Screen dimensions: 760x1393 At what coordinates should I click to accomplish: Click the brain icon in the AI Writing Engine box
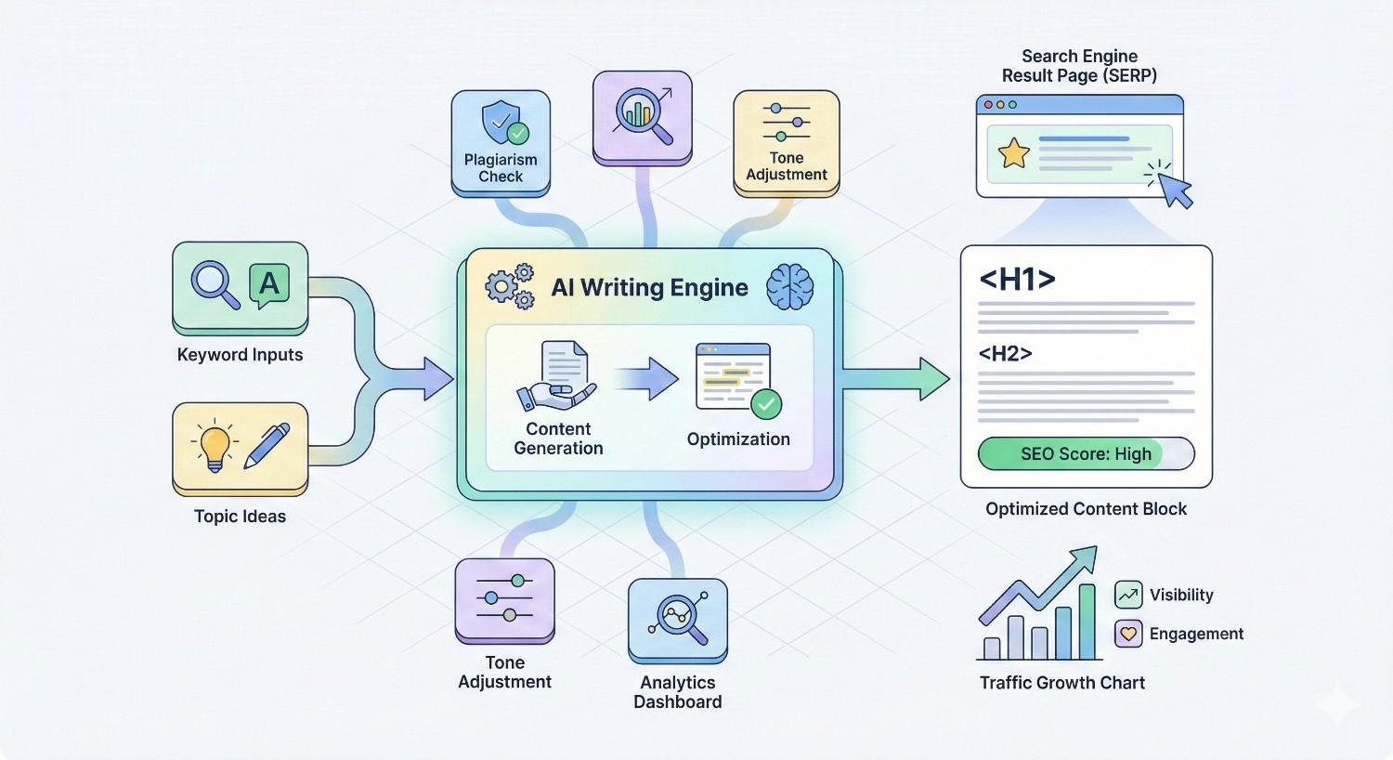tap(789, 286)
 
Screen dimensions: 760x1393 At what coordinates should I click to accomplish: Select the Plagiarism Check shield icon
tap(501, 124)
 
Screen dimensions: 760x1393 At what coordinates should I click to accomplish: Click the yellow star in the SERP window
tap(1013, 152)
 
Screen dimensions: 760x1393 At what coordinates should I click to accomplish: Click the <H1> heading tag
tap(1017, 280)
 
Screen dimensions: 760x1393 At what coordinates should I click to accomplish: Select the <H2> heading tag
tap(1006, 354)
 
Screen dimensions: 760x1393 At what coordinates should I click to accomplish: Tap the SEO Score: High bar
tap(1086, 454)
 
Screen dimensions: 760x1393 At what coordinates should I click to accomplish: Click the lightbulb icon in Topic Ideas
tap(215, 445)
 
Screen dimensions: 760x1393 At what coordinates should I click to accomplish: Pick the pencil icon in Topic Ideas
tap(267, 445)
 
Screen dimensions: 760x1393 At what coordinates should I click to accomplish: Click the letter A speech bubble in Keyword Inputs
tap(269, 283)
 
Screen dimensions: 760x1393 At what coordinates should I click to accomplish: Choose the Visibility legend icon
tap(1128, 595)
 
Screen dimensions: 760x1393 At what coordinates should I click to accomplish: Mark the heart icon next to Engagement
tap(1128, 634)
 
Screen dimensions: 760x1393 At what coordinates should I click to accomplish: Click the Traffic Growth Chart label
tap(1062, 683)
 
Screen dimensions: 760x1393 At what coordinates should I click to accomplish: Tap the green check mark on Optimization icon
tap(766, 404)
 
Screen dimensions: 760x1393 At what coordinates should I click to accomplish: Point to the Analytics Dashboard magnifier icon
tap(679, 617)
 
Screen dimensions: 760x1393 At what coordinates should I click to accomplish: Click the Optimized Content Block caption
tap(1086, 509)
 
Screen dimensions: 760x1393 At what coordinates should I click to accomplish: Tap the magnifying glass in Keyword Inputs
tap(214, 283)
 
